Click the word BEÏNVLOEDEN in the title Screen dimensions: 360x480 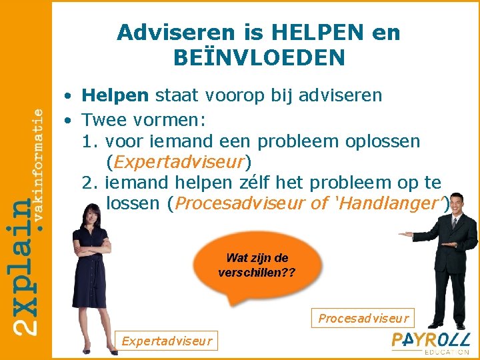259,58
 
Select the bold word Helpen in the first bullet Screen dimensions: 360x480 115,95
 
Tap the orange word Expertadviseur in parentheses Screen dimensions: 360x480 179,162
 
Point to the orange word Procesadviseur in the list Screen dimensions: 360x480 239,203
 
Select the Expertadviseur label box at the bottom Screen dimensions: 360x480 166,341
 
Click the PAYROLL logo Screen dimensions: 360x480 430,339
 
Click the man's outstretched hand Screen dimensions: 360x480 406,235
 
